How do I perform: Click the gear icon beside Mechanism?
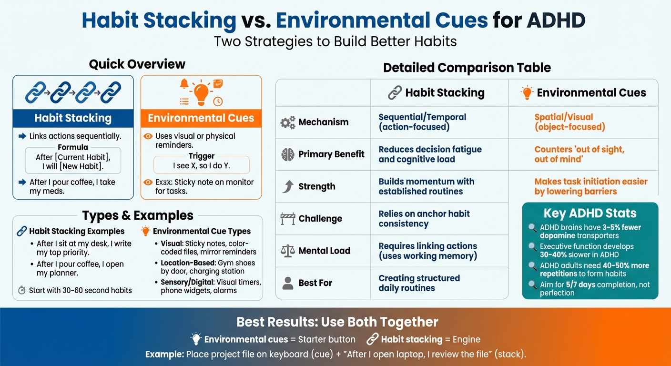[288, 122]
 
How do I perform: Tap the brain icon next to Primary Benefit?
[288, 154]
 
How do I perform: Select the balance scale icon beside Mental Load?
[288, 251]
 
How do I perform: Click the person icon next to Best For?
[288, 283]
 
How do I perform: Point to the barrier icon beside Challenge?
[288, 219]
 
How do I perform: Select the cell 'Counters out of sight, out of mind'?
[579, 154]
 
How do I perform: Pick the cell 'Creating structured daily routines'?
[419, 283]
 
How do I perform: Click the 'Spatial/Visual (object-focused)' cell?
[569, 122]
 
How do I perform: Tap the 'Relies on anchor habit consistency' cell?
[424, 219]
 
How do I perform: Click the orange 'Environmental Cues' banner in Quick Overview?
[201, 118]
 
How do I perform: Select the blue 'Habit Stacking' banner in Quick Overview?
[73, 118]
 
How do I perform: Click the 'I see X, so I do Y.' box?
[201, 166]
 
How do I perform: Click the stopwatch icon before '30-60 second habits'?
[21, 290]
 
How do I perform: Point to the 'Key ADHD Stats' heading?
[590, 213]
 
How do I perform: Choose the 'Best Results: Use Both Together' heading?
[337, 322]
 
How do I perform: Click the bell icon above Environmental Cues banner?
[184, 83]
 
